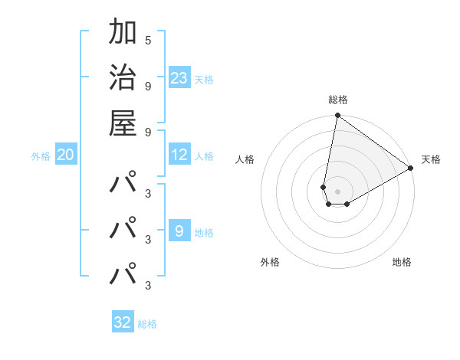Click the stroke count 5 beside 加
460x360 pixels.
148,41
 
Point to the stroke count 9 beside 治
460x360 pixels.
148,86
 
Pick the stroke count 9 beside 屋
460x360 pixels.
148,131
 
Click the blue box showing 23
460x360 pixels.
179,78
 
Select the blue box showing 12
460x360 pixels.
179,155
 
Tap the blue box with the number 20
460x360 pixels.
66,155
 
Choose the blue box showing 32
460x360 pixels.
123,322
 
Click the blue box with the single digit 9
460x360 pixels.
179,231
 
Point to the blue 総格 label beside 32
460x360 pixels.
147,324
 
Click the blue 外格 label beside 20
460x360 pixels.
41,156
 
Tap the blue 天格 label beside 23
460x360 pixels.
203,79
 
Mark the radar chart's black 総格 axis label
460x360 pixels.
338,100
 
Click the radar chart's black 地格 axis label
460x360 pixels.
402,262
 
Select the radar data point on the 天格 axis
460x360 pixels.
411,168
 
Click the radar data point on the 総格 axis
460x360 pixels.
337,116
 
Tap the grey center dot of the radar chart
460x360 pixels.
337,191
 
